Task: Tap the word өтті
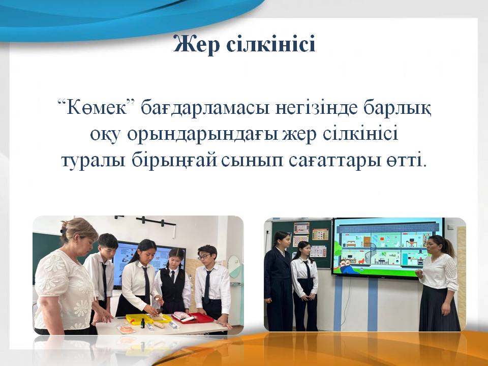tap(405, 161)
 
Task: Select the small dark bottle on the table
tap(142, 323)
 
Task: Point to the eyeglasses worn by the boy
tap(204, 257)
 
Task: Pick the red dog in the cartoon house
tap(361, 260)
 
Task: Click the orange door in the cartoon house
tap(367, 241)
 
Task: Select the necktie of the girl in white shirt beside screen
tap(307, 269)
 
